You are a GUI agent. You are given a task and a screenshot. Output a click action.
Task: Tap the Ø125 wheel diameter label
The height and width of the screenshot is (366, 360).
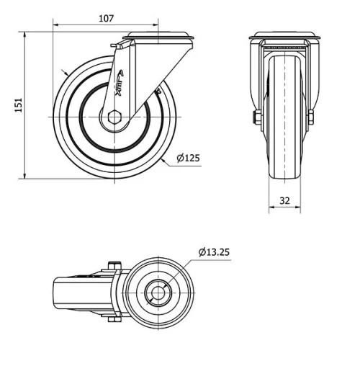point(189,158)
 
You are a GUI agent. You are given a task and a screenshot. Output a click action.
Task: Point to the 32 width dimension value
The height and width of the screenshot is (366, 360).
point(284,200)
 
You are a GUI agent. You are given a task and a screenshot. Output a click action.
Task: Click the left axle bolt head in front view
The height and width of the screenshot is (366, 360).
point(256,117)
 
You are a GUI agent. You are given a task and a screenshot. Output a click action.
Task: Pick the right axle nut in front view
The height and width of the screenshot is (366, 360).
point(312,117)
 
